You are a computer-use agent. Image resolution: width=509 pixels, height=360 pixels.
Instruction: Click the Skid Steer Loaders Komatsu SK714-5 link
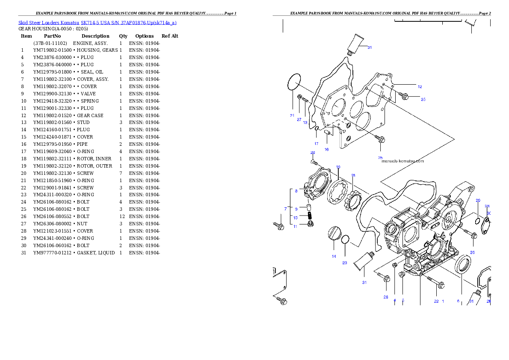tap(97, 23)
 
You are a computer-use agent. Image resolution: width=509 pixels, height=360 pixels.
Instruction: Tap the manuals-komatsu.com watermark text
tap(402, 161)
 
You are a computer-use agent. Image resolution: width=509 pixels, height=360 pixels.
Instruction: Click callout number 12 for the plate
tap(420, 87)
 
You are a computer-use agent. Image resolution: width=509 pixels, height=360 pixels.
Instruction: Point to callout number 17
tap(316, 143)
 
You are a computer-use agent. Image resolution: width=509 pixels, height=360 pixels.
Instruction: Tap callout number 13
tap(305, 123)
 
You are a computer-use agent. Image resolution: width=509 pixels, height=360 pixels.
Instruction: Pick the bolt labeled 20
tap(314, 162)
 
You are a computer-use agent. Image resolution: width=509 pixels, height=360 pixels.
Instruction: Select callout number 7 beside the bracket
tap(285, 209)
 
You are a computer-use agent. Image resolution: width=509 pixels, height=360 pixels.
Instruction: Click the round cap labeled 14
tap(334, 234)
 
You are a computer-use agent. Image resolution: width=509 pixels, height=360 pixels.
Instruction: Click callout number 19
tap(338, 167)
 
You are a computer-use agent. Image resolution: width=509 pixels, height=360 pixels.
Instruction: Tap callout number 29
tap(478, 200)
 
